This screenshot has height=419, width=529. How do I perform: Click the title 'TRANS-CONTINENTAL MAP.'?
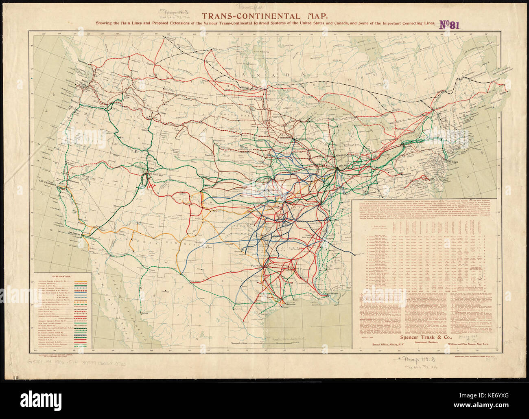tap(264, 17)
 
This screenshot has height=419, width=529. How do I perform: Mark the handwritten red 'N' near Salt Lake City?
tap(151, 185)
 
